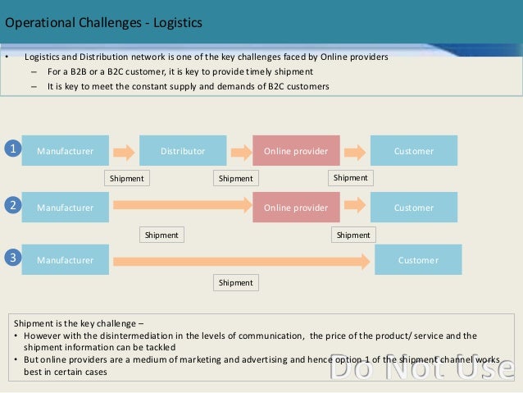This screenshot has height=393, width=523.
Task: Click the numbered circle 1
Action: [12, 149]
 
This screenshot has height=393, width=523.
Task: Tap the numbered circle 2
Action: [12, 207]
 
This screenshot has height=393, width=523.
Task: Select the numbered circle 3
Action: [12, 258]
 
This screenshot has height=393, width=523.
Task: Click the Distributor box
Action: [183, 151]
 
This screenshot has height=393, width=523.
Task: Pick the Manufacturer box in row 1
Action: [65, 151]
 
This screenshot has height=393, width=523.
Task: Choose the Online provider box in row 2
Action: [296, 208]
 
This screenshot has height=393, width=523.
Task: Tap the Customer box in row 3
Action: [418, 260]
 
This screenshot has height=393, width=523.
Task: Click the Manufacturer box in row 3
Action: [65, 260]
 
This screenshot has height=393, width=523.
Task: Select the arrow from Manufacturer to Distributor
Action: [124, 152]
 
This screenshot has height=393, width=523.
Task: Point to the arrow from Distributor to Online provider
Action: [240, 152]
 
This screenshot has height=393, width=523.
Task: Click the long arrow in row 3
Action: [242, 261]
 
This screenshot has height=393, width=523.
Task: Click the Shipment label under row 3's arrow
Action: [236, 283]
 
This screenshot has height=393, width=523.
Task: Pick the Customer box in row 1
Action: [414, 151]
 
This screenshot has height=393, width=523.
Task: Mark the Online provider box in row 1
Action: [296, 151]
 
